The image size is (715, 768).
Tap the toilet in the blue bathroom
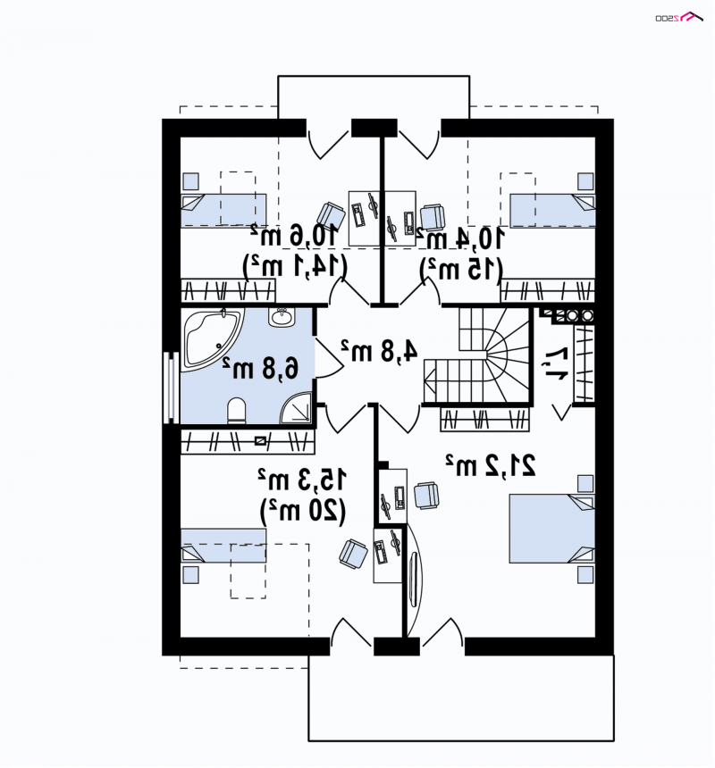(237, 411)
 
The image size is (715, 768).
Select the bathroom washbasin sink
(282, 317)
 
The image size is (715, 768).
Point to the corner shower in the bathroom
(296, 408)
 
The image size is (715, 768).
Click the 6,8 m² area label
(260, 367)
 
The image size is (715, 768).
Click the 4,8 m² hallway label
(380, 350)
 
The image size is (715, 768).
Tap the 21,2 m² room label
(491, 464)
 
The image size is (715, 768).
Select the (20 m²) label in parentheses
(303, 512)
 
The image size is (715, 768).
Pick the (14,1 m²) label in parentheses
(296, 267)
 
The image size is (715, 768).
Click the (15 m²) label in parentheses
(461, 269)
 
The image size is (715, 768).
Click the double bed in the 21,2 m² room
(551, 529)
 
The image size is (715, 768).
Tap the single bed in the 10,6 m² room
(223, 211)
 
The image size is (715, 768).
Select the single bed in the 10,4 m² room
(553, 211)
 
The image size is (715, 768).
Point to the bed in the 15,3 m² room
(223, 545)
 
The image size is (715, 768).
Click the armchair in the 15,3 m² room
(353, 554)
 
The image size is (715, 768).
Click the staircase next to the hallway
(477, 355)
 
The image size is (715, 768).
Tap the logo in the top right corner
(679, 17)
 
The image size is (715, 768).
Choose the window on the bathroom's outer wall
(170, 387)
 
